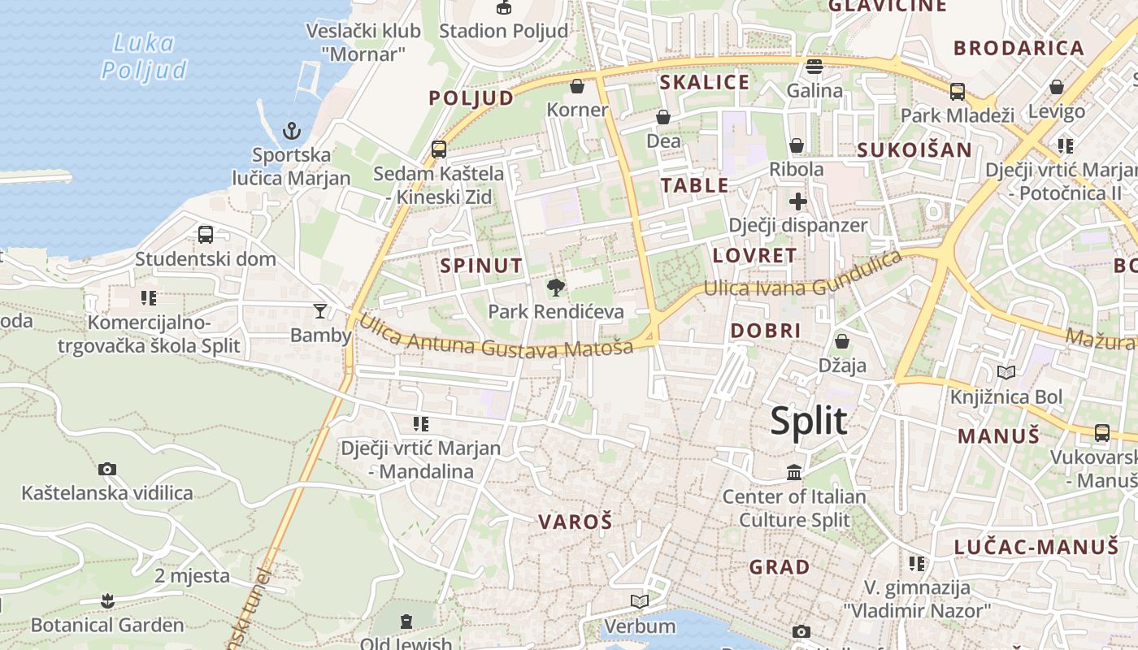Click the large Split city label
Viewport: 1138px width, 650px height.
pos(808,421)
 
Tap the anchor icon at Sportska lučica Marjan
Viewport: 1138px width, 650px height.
pos(291,130)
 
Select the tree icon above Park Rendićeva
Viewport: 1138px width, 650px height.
pos(556,287)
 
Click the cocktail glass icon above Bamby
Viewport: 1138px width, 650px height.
pos(320,311)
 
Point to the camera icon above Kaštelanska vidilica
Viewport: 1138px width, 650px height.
pos(106,469)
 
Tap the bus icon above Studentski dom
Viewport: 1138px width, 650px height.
pos(206,235)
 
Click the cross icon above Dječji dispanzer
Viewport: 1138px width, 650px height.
pos(797,201)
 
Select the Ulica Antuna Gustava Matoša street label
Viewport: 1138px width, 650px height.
pos(496,336)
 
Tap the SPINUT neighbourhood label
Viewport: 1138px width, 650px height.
pos(481,265)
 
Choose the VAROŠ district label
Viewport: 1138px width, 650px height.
pos(575,522)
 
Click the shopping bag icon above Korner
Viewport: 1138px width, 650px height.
pos(577,86)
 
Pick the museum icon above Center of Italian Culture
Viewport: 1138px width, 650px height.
pos(794,472)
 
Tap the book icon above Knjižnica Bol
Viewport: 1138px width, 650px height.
pos(1006,373)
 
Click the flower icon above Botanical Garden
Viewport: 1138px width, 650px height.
pos(106,601)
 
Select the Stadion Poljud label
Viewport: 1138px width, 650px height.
pos(503,31)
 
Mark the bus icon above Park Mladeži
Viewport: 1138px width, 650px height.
pos(958,91)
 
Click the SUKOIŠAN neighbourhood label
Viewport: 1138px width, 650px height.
pos(914,149)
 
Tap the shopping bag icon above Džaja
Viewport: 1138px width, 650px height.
pos(842,341)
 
